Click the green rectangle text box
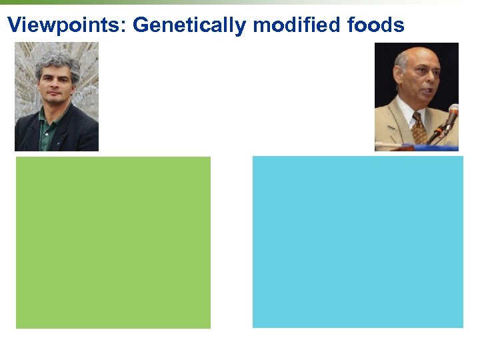click(x=113, y=243)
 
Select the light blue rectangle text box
click(x=357, y=242)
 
